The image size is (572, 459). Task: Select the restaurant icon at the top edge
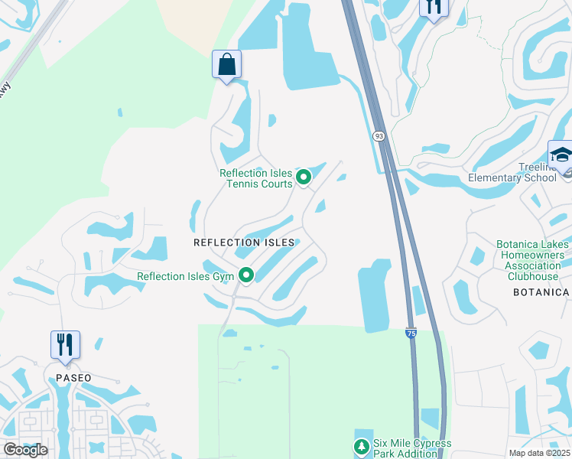(x=434, y=7)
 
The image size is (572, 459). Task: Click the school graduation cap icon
(x=561, y=155)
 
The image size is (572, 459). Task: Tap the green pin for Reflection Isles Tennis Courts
(x=304, y=177)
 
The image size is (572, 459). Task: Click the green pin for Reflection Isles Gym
(x=246, y=275)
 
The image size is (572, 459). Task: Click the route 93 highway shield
(x=379, y=135)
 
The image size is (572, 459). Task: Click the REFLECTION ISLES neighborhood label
(x=244, y=243)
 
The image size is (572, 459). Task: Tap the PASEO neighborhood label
(x=73, y=378)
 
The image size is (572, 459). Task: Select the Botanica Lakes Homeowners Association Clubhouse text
(x=531, y=261)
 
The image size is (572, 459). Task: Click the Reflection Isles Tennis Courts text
(x=256, y=178)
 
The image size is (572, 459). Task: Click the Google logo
(x=26, y=450)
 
